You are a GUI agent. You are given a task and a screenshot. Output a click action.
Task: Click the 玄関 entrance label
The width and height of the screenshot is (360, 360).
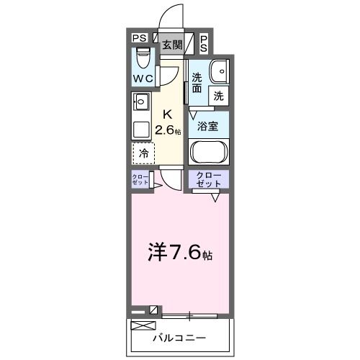click(x=171, y=45)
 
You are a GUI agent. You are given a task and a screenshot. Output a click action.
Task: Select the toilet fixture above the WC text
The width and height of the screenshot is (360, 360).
click(x=143, y=56)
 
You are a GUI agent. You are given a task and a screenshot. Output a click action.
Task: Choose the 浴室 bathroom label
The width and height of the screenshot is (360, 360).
click(x=208, y=125)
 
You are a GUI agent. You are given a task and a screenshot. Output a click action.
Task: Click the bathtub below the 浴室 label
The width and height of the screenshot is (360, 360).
click(x=208, y=152)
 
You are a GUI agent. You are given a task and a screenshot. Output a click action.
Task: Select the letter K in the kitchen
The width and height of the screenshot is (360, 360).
click(x=167, y=113)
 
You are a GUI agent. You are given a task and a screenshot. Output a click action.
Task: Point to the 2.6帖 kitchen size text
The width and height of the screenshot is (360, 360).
click(x=170, y=130)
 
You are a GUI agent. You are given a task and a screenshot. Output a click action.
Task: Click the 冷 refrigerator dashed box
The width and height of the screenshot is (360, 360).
click(x=143, y=153)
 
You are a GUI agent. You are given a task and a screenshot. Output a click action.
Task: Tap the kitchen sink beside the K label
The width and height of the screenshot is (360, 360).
click(x=140, y=102)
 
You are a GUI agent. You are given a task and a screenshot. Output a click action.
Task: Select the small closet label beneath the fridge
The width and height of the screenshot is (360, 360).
click(x=140, y=181)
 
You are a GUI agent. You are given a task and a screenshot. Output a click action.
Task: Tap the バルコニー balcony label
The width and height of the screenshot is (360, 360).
click(x=179, y=337)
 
